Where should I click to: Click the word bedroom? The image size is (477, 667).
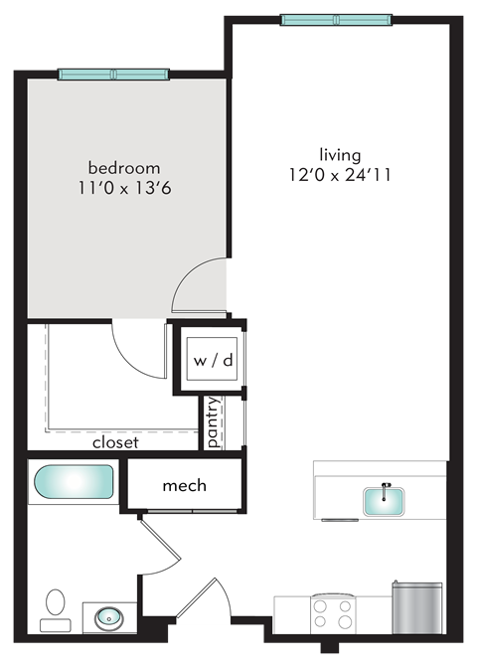(x=124, y=167)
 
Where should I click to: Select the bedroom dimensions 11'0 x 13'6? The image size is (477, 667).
(x=124, y=186)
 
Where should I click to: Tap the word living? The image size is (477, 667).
(x=340, y=155)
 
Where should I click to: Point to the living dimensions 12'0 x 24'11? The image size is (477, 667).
(x=340, y=174)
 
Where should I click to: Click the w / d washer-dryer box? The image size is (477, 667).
(x=212, y=360)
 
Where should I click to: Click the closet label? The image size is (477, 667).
(x=115, y=443)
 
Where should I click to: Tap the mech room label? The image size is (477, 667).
(x=184, y=485)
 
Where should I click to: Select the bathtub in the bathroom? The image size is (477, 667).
(x=74, y=483)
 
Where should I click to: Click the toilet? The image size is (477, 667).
(x=56, y=604)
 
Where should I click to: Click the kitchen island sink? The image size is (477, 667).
(x=383, y=499)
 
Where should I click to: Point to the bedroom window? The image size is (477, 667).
(x=113, y=75)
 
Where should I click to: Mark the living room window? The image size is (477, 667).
(x=336, y=19)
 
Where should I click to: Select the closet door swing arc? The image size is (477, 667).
(x=139, y=348)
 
